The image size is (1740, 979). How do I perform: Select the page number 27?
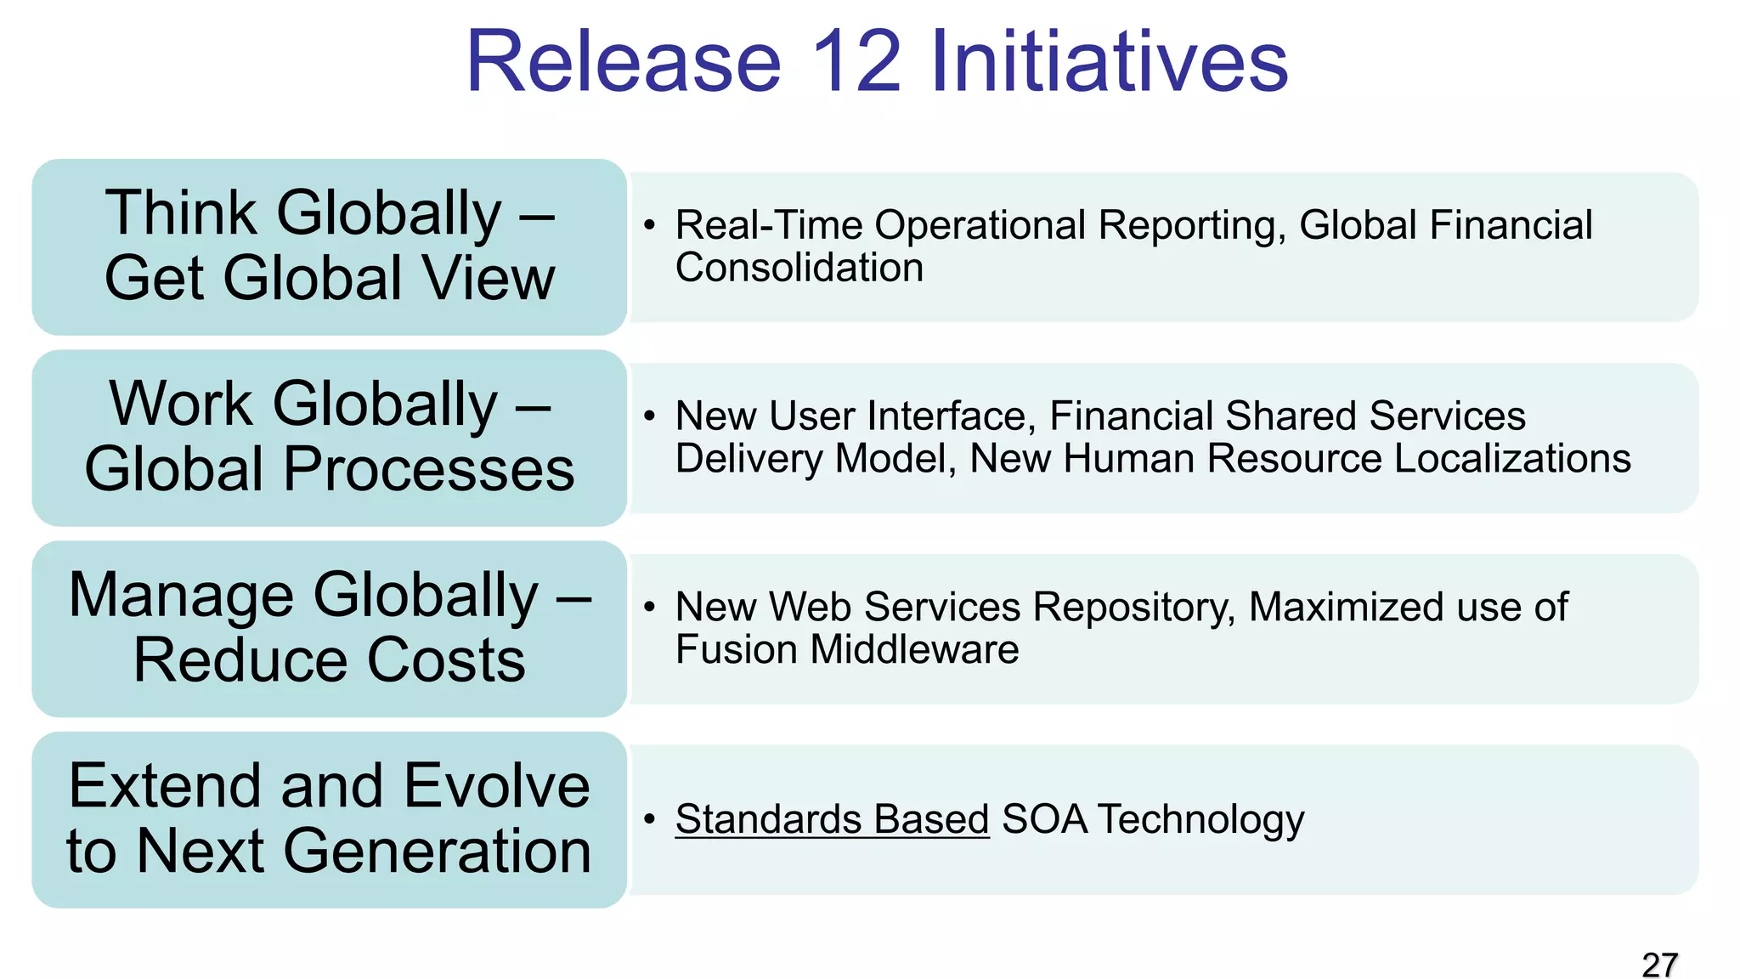(x=1659, y=965)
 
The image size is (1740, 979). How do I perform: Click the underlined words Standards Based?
(x=832, y=819)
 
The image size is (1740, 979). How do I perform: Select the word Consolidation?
(x=799, y=268)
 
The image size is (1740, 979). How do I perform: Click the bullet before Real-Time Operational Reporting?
(x=650, y=225)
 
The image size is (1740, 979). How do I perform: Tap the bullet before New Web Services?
(x=650, y=607)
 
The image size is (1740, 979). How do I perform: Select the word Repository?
(x=1134, y=607)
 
